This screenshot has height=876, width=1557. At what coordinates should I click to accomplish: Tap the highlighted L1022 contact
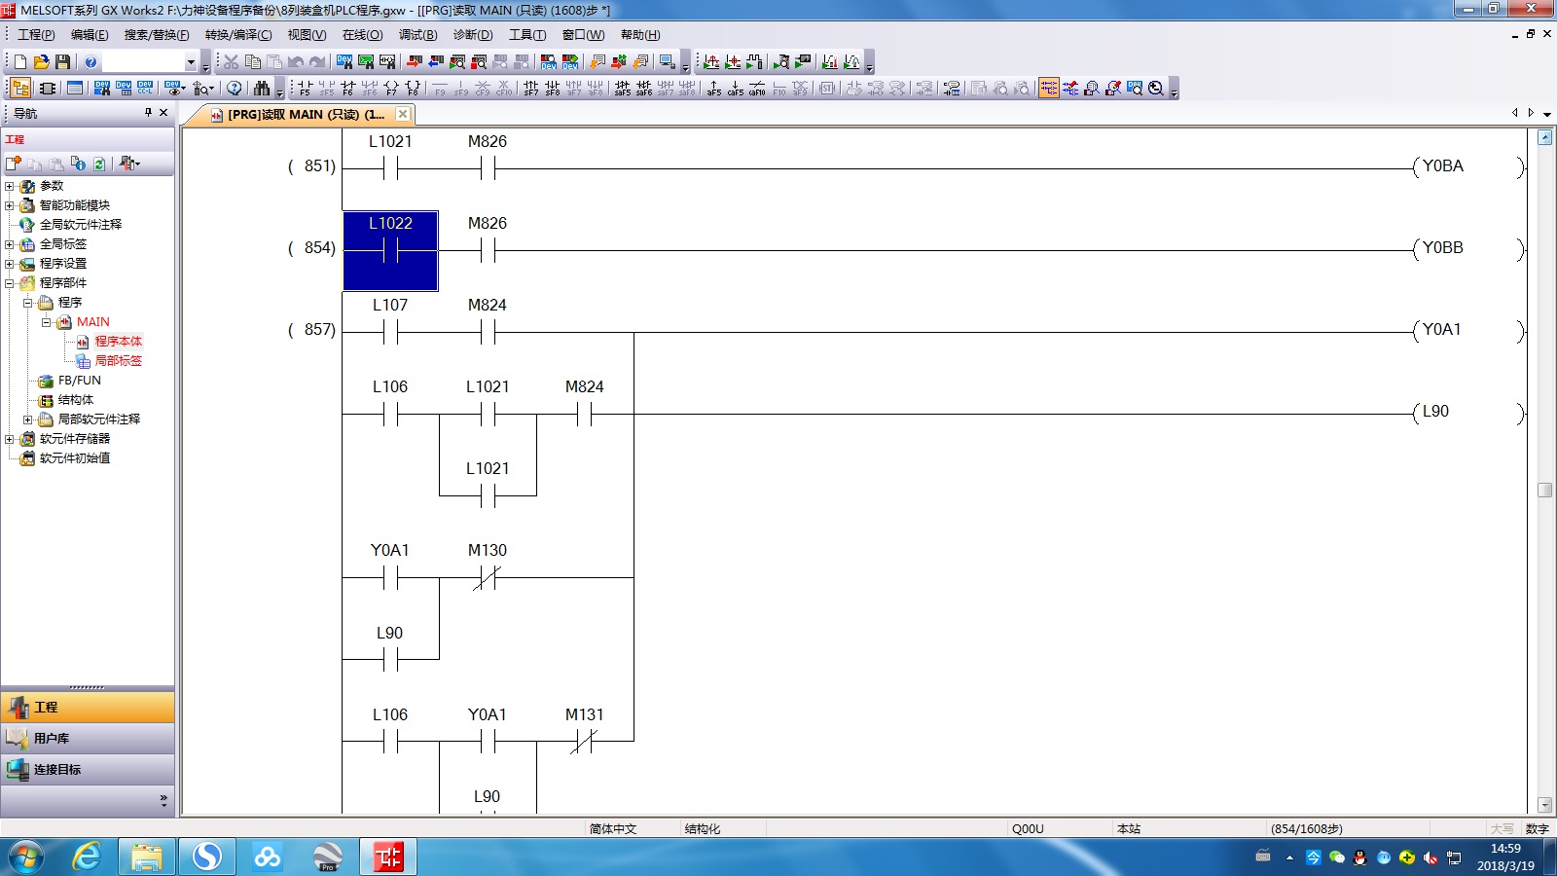click(x=390, y=250)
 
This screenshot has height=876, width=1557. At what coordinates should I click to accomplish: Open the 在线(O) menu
click(x=362, y=35)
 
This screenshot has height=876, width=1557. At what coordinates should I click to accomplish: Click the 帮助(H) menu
click(x=640, y=35)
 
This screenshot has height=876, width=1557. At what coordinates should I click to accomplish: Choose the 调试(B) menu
click(x=417, y=35)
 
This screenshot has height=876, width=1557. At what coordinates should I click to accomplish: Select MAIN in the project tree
click(x=93, y=322)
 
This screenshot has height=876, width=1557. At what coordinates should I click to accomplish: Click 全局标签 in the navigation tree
click(x=62, y=244)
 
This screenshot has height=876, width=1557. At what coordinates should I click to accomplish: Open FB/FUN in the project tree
click(x=79, y=381)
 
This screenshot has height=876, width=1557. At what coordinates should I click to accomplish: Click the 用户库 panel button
click(x=52, y=739)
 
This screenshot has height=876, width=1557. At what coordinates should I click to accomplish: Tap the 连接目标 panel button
click(x=57, y=770)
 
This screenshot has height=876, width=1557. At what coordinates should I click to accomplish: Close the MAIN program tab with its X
click(x=403, y=114)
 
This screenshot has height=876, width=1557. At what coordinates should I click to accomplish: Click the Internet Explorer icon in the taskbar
click(x=87, y=858)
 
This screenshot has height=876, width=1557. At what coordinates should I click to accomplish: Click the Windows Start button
click(x=26, y=858)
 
